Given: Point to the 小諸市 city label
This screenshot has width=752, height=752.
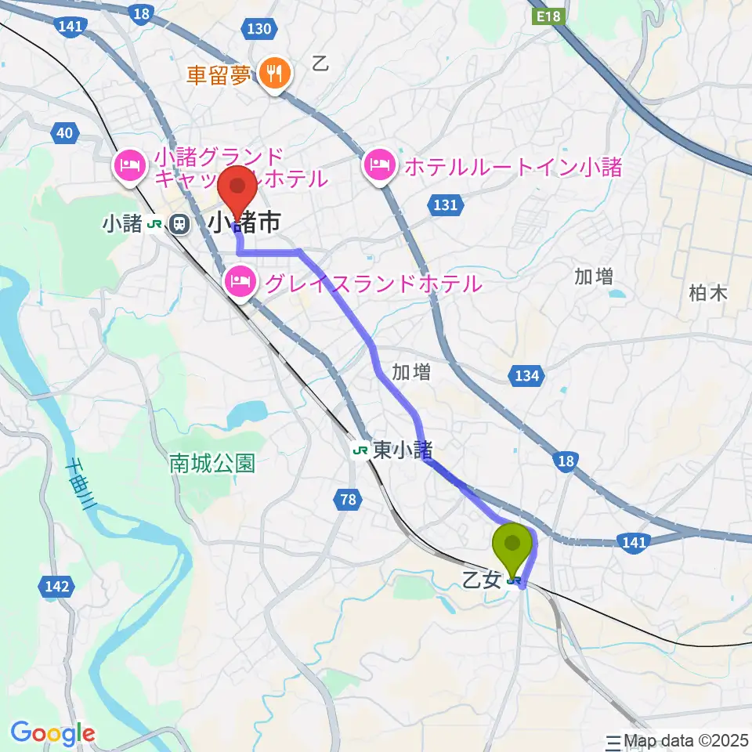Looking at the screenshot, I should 244,224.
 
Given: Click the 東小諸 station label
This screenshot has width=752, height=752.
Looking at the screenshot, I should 403,450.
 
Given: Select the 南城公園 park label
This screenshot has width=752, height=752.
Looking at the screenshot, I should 212,464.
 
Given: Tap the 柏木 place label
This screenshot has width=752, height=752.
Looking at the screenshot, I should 708,293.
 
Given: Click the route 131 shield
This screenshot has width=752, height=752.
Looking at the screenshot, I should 444,205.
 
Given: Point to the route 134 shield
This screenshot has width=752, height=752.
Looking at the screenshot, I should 527,377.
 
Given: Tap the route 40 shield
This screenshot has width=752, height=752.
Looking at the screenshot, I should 65,133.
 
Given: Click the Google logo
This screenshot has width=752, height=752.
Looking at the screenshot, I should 52,733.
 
